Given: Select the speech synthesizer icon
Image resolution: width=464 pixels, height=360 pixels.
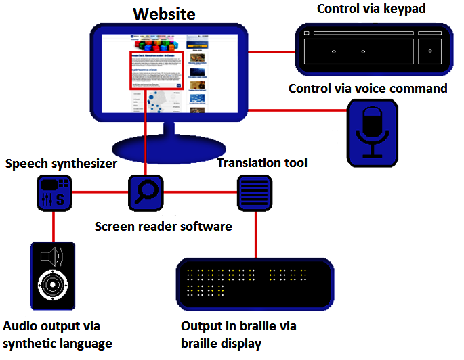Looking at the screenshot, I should click(54, 192).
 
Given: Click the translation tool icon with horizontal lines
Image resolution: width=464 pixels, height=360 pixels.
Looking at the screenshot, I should click(255, 192).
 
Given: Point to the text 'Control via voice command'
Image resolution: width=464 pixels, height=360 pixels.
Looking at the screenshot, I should click(368, 89).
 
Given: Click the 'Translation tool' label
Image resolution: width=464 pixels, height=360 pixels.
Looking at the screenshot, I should click(262, 163).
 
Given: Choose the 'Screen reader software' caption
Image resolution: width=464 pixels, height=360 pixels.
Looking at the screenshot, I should click(163, 226).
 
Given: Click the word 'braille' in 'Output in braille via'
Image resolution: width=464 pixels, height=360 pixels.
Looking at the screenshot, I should click(258, 326).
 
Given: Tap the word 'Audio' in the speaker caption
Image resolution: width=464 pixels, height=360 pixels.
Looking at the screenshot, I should click(21, 326).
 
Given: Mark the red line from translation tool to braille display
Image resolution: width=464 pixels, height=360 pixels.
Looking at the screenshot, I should click(255, 233).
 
